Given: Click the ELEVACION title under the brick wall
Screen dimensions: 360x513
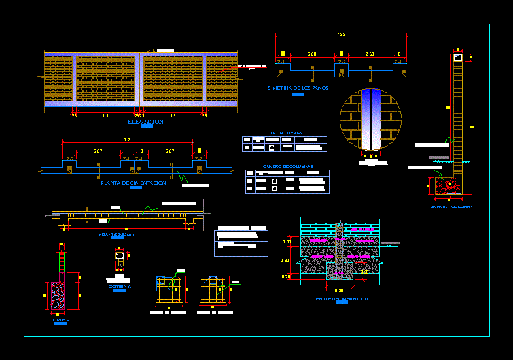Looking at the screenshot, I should (146, 122).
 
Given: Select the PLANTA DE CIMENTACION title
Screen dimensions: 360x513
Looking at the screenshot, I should (133, 183).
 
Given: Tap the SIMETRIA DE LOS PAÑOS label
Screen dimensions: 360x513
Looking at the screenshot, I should (298, 88).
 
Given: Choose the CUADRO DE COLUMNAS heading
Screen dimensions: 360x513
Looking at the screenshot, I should (288, 166).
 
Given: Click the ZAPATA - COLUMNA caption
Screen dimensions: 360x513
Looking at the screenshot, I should (451, 207).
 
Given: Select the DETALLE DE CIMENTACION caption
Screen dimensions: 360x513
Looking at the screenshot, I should (340, 299).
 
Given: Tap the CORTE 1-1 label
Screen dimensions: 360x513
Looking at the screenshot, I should (60, 320).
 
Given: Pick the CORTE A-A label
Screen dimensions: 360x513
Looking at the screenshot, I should (119, 287).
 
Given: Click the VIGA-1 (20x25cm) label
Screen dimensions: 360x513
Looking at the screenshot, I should (116, 234).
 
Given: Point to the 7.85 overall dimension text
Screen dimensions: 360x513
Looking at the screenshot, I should (341, 35).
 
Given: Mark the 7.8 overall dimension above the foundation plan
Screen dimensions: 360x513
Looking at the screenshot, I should (127, 139).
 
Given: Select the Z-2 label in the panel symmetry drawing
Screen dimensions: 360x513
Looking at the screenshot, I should (342, 62).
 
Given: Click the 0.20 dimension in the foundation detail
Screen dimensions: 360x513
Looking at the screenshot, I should (286, 277).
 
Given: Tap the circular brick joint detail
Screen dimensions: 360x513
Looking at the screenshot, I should (370, 119).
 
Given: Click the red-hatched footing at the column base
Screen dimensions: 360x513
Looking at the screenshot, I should (448, 187).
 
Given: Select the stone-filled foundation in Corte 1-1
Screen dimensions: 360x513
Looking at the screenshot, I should (58, 296).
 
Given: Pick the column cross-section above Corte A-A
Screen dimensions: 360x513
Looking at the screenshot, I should (119, 256).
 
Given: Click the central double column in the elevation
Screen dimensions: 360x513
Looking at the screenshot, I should (139, 79).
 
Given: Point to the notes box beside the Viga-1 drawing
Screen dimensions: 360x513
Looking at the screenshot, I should (241, 243).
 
